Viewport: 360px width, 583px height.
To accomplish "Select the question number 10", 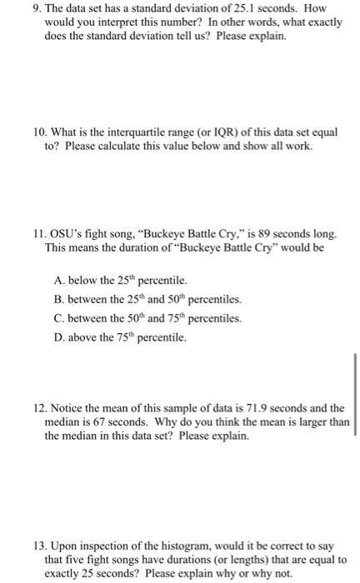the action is tap(37, 132).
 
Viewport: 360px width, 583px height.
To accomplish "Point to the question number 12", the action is tap(37, 408).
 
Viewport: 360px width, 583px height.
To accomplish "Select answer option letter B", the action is tap(57, 300).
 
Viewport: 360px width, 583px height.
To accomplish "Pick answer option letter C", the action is tap(57, 319).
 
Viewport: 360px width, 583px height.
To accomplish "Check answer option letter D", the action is tap(57, 338).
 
